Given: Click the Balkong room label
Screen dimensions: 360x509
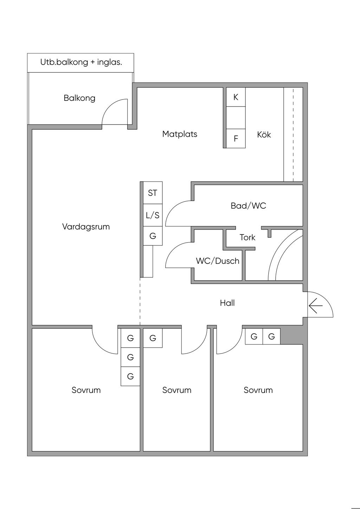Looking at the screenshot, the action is pos(79,98).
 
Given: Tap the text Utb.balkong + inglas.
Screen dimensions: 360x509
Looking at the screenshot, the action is pos(81,62).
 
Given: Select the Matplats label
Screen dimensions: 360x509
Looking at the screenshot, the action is pos(180,134).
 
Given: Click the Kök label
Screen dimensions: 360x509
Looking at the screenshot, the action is pos(264,135).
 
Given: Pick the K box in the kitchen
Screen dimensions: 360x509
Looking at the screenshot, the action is pos(236,97).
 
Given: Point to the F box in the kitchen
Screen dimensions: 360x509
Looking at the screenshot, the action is pos(236,138).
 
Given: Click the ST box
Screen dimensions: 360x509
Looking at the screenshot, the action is pos(153,193).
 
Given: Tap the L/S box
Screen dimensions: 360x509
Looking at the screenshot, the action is pos(153,215).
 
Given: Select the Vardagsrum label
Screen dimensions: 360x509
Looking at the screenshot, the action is pos(86,226).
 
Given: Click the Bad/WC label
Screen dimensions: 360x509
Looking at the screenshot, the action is pos(248,206).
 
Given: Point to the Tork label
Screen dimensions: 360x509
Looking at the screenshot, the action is pos(247,238).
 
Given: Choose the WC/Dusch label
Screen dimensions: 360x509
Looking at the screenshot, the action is pos(218,261).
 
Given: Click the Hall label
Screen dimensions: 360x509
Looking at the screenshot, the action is pos(227,303).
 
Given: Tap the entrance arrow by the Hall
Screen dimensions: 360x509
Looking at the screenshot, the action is pos(316,305).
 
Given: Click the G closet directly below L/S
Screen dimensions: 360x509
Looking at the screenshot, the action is pos(153,236).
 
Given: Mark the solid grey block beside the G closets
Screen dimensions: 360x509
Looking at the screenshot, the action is pos(291,336).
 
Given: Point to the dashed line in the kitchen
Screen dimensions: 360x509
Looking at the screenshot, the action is pos(293,135).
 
